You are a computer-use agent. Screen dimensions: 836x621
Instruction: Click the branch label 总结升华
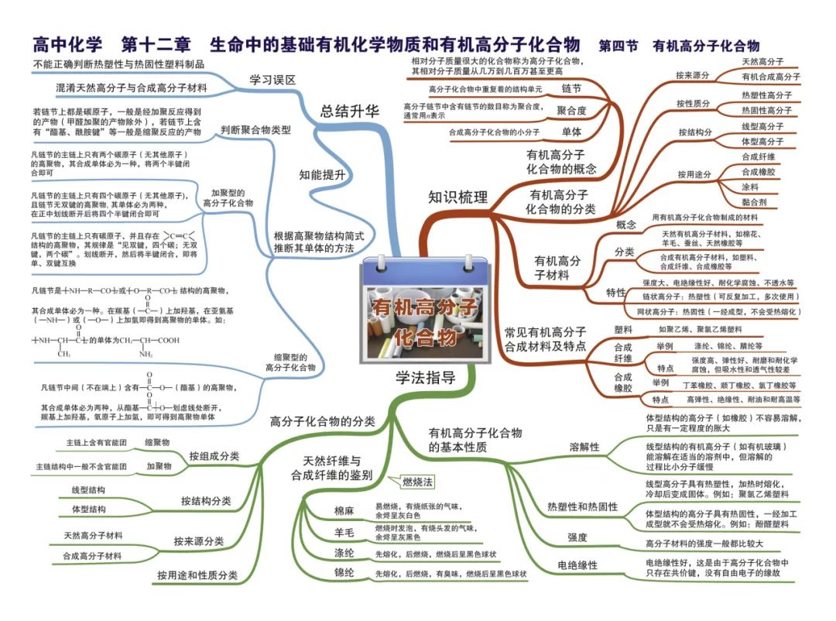(x=350, y=111)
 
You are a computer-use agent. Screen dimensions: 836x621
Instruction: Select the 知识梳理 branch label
(x=458, y=197)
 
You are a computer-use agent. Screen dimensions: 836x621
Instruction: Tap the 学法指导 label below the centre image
(x=425, y=379)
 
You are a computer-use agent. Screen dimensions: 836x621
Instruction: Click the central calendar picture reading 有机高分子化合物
(x=425, y=312)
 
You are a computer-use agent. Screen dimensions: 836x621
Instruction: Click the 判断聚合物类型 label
(x=255, y=129)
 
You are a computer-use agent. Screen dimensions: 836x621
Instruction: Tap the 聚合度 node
(x=571, y=111)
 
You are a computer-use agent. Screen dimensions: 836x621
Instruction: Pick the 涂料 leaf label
(x=749, y=187)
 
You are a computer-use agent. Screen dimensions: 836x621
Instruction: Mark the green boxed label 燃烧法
(x=417, y=481)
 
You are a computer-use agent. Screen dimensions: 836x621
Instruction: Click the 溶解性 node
(x=584, y=447)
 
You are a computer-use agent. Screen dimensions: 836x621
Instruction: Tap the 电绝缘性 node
(x=577, y=565)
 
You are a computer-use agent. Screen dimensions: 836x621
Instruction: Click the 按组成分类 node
(x=214, y=455)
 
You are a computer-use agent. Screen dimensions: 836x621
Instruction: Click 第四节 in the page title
(x=618, y=46)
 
